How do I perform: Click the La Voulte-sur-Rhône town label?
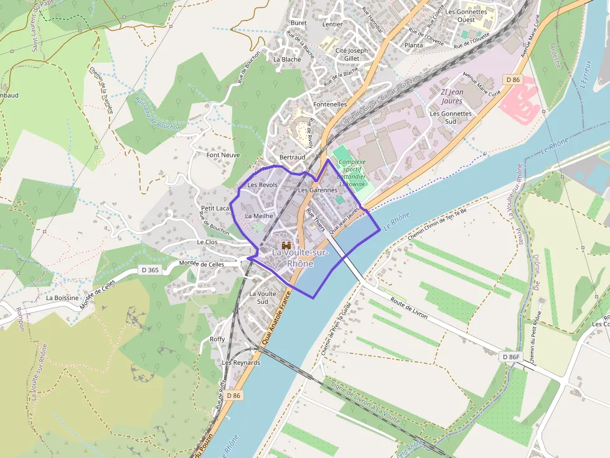(x=293, y=258)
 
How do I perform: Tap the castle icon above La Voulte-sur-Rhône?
(x=286, y=245)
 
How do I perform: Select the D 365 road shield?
(x=149, y=270)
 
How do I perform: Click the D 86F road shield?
(x=510, y=357)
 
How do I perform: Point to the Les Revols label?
(x=262, y=185)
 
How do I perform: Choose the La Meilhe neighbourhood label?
(x=259, y=216)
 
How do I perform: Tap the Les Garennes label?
(x=317, y=190)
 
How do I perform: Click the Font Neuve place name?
(x=223, y=155)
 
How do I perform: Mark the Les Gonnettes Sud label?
(x=451, y=117)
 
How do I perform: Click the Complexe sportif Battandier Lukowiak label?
(x=352, y=173)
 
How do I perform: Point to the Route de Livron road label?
(x=409, y=307)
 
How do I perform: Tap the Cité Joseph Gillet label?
(x=352, y=54)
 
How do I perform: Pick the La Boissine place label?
(x=62, y=298)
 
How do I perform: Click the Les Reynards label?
(x=241, y=362)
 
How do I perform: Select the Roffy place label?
(x=217, y=339)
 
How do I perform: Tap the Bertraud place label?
(x=293, y=157)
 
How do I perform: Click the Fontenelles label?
(x=331, y=104)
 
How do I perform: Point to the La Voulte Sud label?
(x=263, y=297)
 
